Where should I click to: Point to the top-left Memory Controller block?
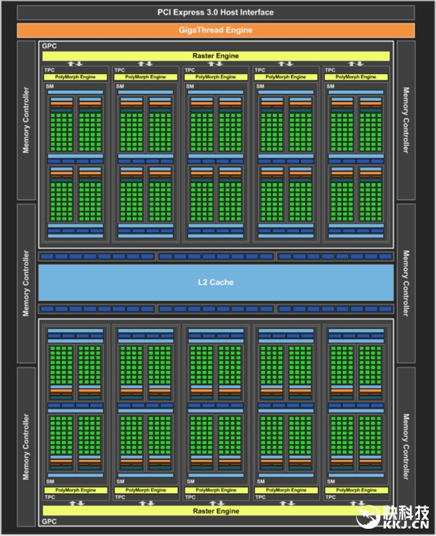(26, 121)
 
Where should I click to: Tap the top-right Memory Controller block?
(405, 121)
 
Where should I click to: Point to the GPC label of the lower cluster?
(49, 521)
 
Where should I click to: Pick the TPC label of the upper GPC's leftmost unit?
(49, 70)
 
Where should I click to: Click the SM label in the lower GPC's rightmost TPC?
(331, 482)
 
